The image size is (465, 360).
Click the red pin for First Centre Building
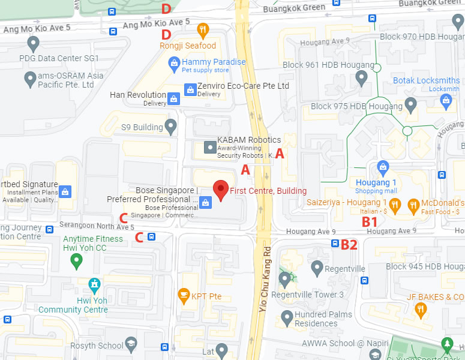221,190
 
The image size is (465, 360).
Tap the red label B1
369,221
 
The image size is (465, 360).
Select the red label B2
349,244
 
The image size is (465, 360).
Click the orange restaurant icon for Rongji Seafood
203,29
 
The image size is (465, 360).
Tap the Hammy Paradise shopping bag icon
173,62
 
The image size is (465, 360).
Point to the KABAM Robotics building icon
209,146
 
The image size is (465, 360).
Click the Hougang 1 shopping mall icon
381,166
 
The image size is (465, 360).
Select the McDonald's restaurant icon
413,206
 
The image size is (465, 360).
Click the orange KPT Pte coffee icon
183,295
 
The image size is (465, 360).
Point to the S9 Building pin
171,127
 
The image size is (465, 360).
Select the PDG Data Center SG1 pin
33,43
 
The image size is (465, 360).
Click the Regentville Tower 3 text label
308,295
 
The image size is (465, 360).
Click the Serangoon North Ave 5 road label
97,227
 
